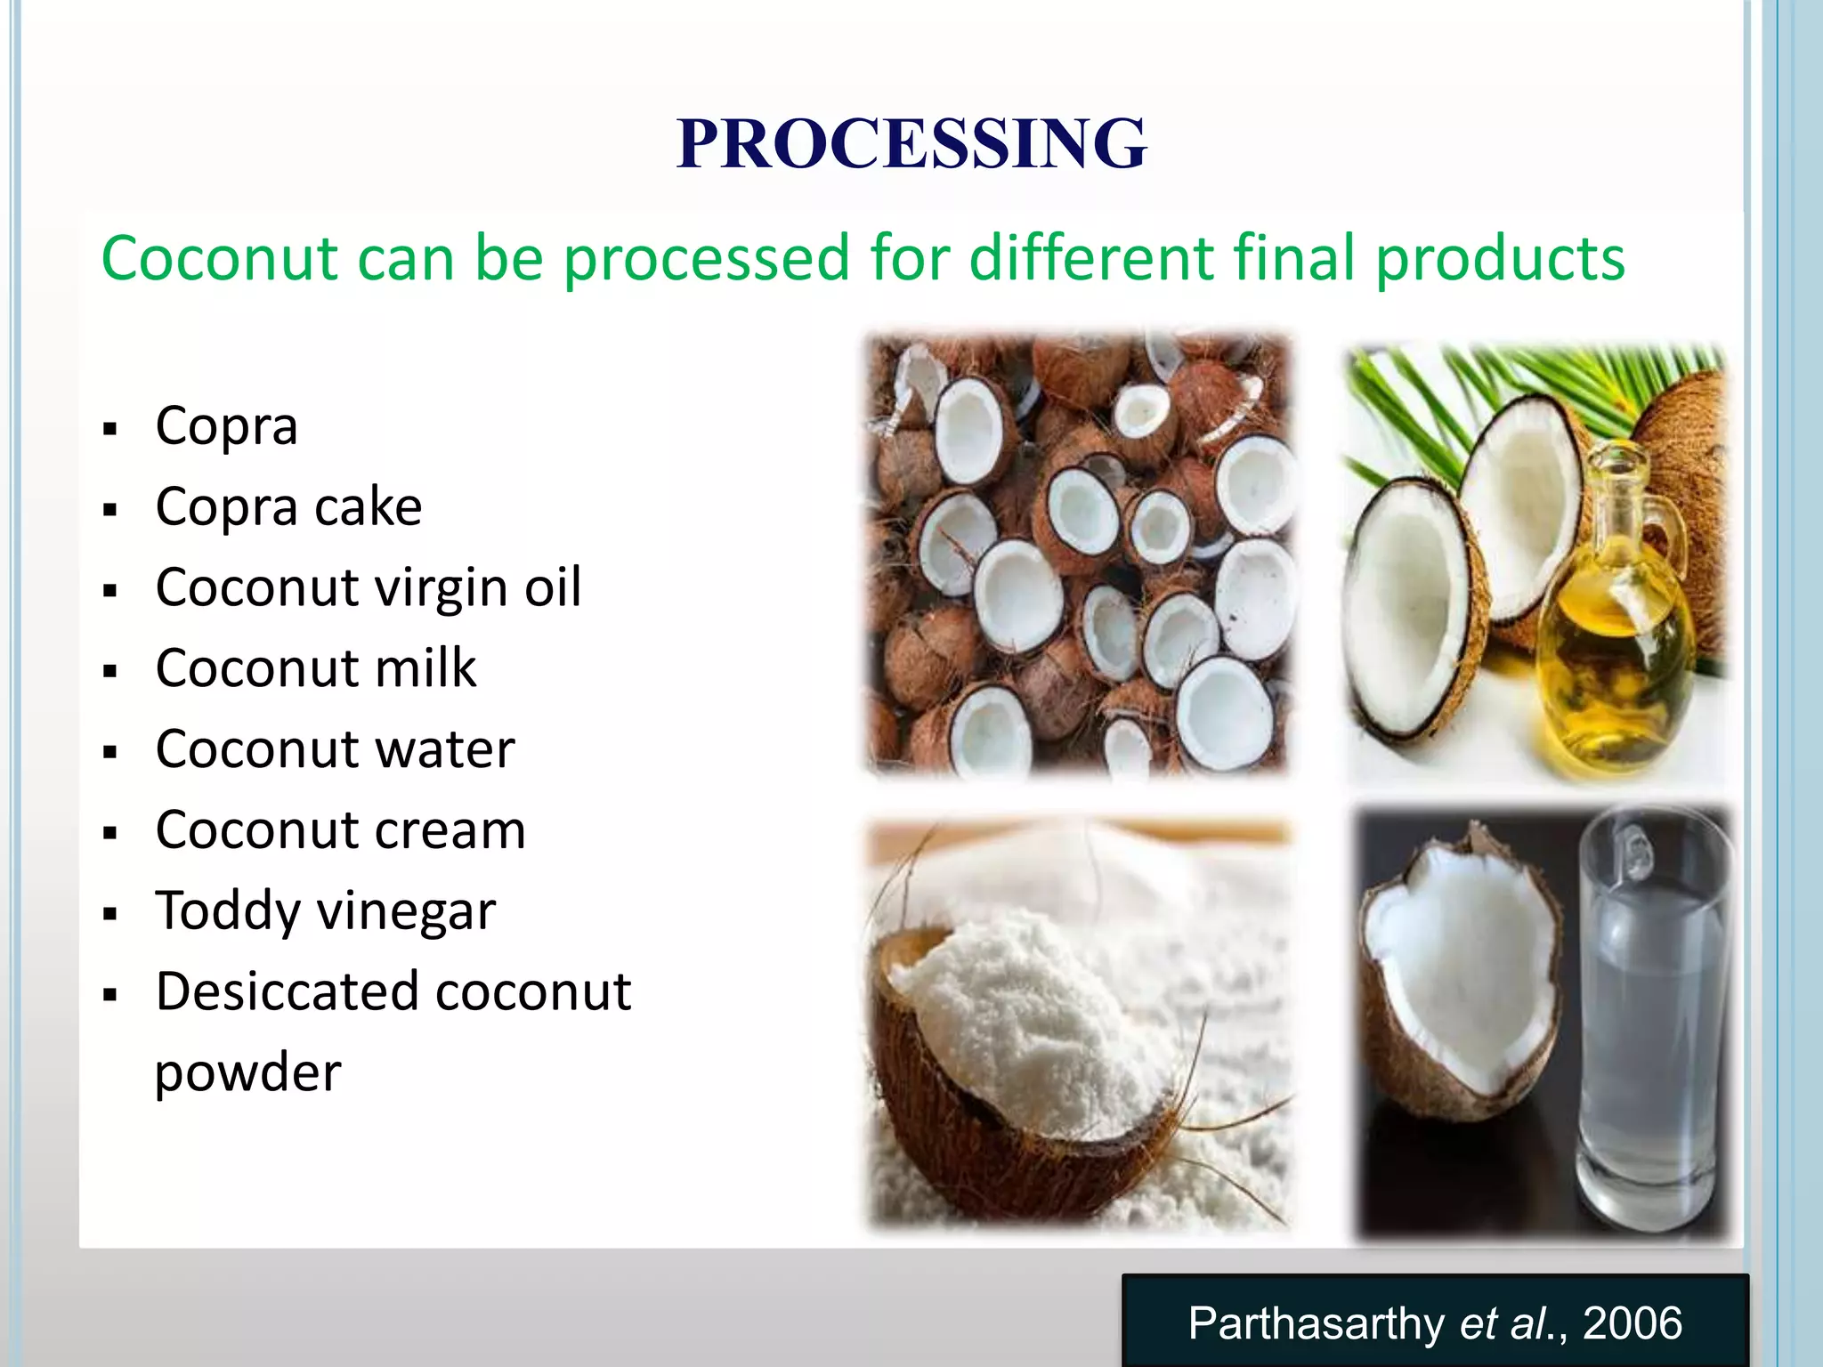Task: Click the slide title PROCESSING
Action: click(911, 143)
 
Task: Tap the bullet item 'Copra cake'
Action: click(288, 507)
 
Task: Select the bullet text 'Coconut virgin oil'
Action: click(369, 588)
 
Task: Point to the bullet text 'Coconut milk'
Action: click(316, 668)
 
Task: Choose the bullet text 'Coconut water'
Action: click(335, 749)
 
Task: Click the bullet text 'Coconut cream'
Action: click(340, 830)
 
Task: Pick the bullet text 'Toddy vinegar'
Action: click(325, 911)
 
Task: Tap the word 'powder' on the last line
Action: click(247, 1072)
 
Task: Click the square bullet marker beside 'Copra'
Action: click(110, 430)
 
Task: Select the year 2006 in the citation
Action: click(1633, 1323)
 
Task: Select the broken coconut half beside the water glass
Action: click(1460, 979)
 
